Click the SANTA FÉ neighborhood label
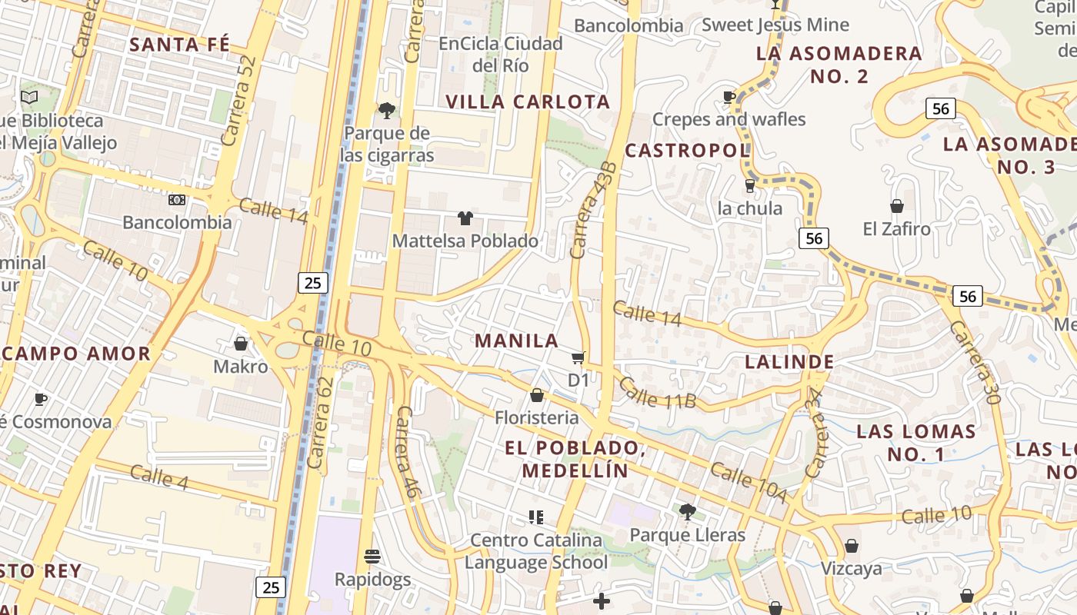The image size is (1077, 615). tap(179, 45)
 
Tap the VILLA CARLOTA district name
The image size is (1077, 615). tap(528, 101)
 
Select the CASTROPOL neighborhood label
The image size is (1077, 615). tap(687, 150)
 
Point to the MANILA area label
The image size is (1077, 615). tap(516, 341)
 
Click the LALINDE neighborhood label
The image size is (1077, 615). tap(789, 361)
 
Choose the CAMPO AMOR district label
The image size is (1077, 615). tap(75, 354)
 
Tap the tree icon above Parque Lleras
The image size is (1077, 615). tap(687, 512)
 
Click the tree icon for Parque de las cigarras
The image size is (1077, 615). tap(387, 111)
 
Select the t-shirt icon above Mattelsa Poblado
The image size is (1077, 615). tap(465, 218)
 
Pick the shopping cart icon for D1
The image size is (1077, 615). tap(578, 358)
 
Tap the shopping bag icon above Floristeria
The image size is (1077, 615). tap(537, 396)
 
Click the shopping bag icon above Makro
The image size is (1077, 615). tap(241, 344)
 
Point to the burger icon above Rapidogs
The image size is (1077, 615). tap(372, 557)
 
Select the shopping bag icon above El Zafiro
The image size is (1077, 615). tap(896, 206)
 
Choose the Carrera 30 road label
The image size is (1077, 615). tap(975, 362)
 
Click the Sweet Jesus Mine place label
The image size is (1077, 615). tap(775, 25)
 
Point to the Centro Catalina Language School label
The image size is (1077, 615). tap(536, 551)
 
